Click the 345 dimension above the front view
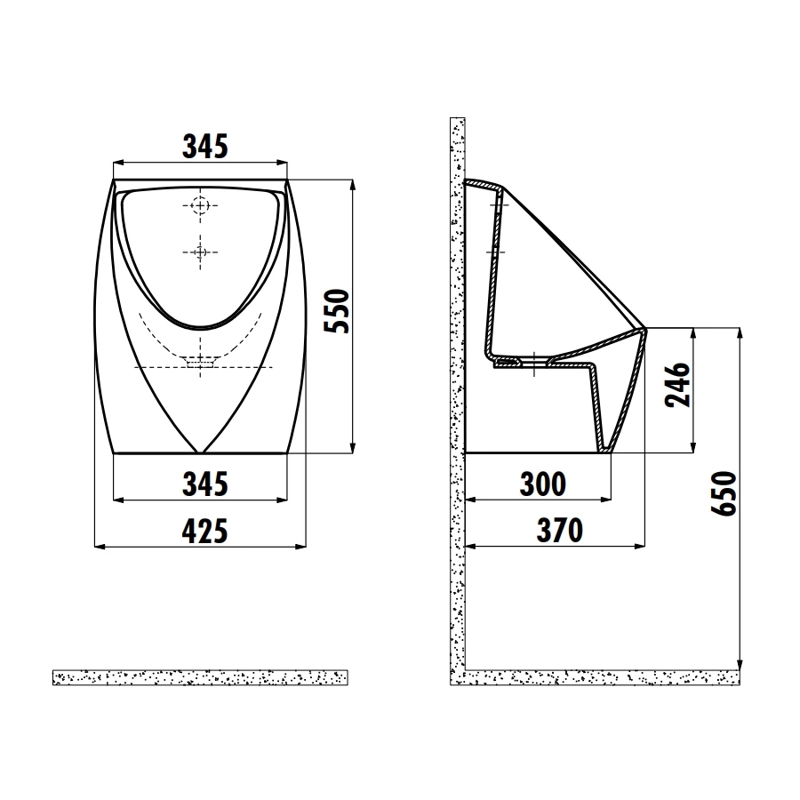(x=205, y=146)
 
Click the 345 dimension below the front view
(x=205, y=484)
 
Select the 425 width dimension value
(x=205, y=531)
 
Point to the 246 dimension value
(x=681, y=384)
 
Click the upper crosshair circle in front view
(x=201, y=205)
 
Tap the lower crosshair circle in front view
(x=201, y=252)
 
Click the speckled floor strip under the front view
(x=200, y=677)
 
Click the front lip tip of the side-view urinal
(x=645, y=329)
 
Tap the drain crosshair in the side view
(x=532, y=361)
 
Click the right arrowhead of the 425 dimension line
(x=304, y=545)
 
